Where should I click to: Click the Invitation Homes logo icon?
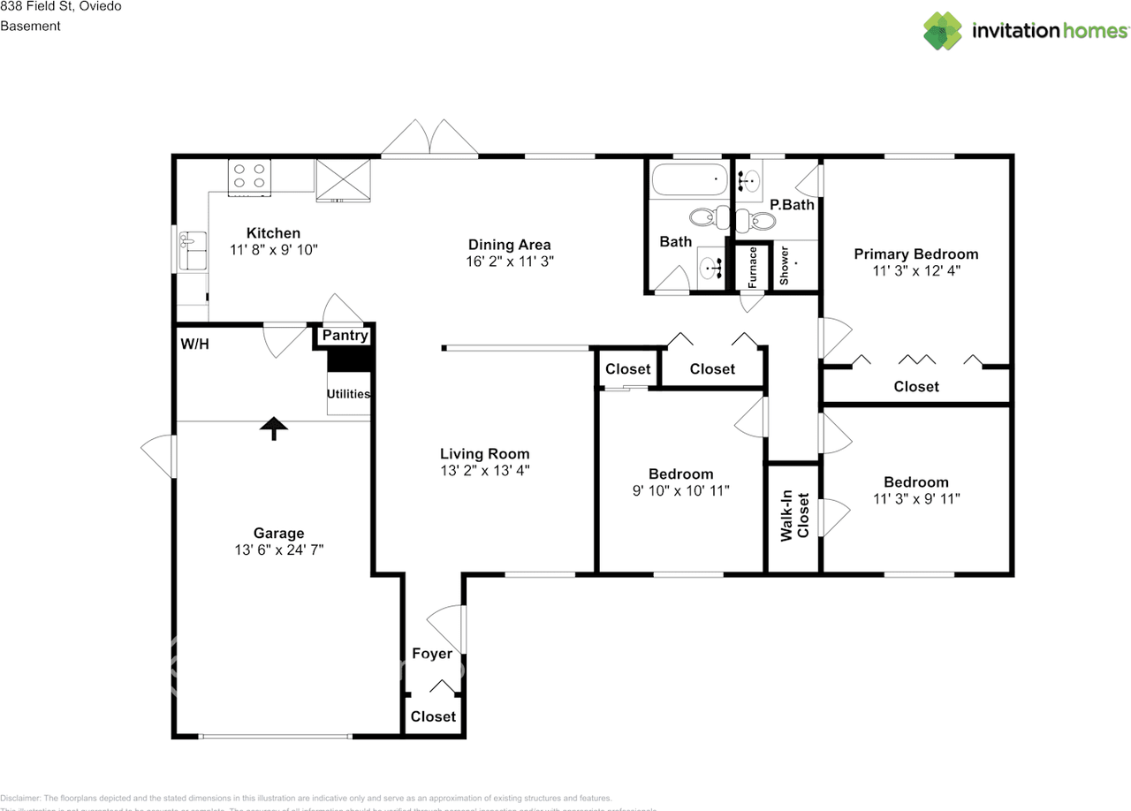[943, 31]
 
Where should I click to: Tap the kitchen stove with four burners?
[249, 177]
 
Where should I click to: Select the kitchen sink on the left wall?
[192, 251]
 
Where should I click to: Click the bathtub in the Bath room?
[689, 181]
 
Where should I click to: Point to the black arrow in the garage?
[274, 428]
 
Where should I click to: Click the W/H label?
[195, 344]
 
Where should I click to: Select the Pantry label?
[345, 336]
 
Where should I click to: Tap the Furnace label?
[753, 266]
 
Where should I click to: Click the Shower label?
[783, 265]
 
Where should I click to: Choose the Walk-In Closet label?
[794, 516]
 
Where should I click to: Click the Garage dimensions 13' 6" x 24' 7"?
[279, 550]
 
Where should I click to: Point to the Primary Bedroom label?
[915, 254]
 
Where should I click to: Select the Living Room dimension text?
[485, 471]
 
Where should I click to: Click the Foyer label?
[432, 654]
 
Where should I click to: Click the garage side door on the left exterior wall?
[159, 457]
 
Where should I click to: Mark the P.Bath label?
[792, 205]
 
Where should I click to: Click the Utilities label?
[348, 394]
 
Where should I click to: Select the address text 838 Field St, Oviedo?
[61, 6]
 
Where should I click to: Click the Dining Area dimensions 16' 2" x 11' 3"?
[509, 261]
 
